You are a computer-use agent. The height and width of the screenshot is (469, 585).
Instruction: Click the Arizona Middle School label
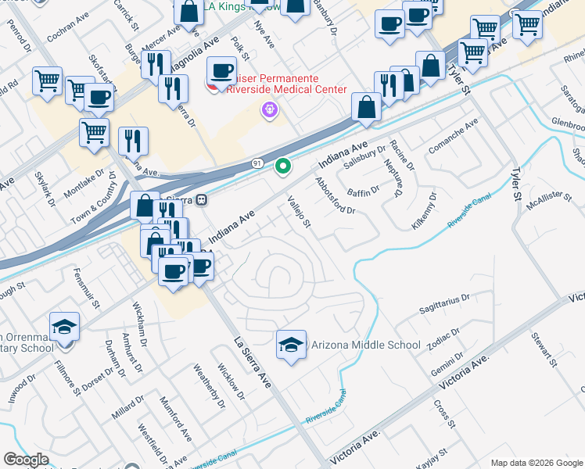coord(366,345)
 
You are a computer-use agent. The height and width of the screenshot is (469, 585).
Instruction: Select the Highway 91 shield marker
coord(257,162)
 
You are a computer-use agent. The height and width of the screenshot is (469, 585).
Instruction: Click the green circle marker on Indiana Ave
coord(283,166)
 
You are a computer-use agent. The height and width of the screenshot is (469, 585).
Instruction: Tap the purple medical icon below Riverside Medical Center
coord(271,111)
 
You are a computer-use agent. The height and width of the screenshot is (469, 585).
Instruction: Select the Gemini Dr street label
coord(447,367)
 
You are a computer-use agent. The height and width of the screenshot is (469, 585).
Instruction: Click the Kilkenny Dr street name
coord(424,210)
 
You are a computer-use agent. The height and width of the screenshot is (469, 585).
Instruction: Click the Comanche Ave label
coord(452,136)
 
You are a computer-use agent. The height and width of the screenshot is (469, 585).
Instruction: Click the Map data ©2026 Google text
coord(536,463)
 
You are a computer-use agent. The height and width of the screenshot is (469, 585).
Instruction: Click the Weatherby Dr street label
coord(208,386)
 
